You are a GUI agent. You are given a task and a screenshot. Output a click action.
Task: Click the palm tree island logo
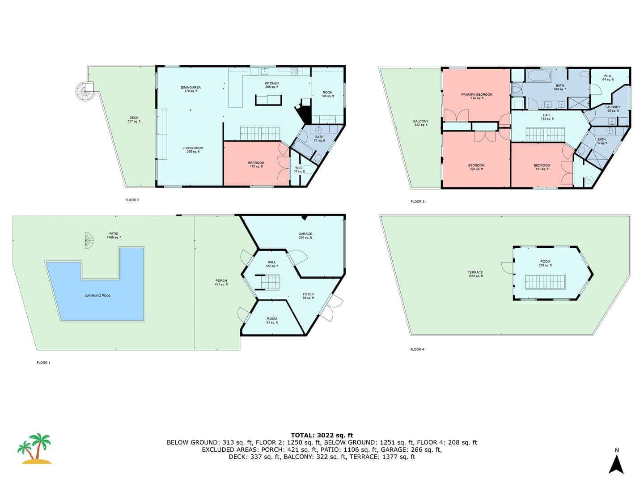coord(34,449)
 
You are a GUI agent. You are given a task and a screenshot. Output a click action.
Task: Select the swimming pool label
coord(97,296)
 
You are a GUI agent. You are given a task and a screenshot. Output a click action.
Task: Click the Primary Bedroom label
coord(477,96)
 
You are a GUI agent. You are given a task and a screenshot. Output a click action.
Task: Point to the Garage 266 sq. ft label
coord(305,236)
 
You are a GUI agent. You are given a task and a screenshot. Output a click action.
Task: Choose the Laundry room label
coord(613,109)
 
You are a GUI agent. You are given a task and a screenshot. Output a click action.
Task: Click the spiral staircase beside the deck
coord(85,91)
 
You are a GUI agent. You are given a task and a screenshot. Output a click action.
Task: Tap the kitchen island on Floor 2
coord(268,100)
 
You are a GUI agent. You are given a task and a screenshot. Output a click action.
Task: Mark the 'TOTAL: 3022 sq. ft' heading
coord(322,435)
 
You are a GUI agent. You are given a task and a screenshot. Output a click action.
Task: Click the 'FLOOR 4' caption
coord(417,349)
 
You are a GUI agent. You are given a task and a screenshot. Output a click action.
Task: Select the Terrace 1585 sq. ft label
coord(475,274)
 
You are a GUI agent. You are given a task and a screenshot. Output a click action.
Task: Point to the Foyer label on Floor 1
coord(308,296)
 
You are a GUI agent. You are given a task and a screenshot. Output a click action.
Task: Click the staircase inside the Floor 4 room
coord(545,282)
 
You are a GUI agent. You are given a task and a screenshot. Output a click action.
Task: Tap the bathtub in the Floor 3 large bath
coord(539,76)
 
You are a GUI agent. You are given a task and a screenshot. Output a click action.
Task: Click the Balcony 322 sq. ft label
coord(421,123)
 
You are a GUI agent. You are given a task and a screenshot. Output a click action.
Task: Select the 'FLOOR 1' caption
coord(43,362)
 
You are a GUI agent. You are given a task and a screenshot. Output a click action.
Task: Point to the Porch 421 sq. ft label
coord(221,282)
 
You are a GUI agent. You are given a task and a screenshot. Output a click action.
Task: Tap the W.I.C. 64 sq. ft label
coord(608,77)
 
